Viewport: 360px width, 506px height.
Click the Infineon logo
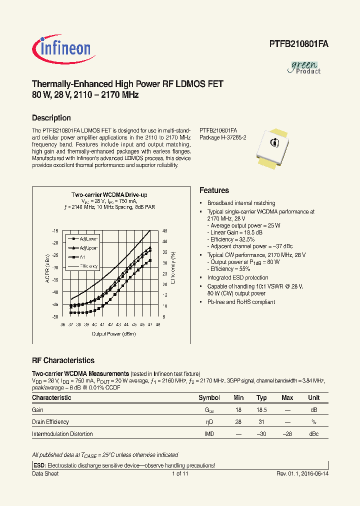(x=61, y=48)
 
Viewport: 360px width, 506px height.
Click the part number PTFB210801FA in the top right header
(x=295, y=44)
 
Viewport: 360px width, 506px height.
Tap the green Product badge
(x=305, y=67)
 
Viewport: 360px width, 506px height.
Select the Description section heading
(x=51, y=118)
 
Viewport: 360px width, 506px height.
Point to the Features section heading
(x=214, y=190)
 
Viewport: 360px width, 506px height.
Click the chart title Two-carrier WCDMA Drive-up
(x=109, y=194)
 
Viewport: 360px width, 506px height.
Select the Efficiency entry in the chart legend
(x=87, y=266)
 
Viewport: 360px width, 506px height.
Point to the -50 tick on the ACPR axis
(x=55, y=317)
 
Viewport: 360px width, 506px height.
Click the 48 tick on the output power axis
(x=158, y=324)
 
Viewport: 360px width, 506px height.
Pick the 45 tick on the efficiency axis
(x=165, y=231)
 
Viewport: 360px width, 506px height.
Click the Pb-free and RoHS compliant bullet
(x=241, y=302)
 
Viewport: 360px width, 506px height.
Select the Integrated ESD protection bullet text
(x=237, y=277)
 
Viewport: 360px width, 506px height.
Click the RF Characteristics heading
(x=63, y=360)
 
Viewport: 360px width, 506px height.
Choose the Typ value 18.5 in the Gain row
(x=262, y=409)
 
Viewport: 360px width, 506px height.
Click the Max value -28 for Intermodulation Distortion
(x=287, y=434)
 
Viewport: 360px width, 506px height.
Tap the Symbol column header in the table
(x=209, y=398)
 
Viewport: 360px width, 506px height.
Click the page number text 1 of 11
(x=180, y=473)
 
